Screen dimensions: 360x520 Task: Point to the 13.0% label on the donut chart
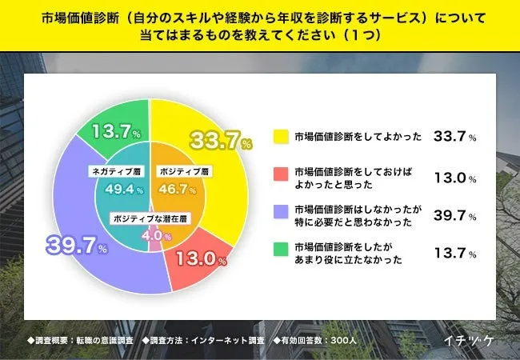[x=203, y=258]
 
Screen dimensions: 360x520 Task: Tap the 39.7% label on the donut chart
[x=69, y=245]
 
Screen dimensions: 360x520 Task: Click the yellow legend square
[x=279, y=136]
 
